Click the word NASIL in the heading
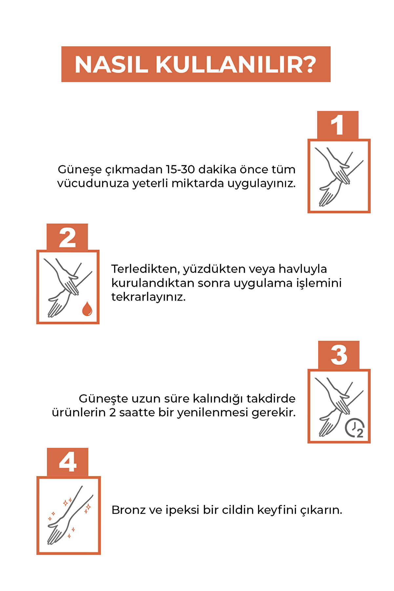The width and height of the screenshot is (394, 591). pos(111,64)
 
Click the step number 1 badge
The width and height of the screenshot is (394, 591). pos(338,125)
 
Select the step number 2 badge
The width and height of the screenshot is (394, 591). pos(67,237)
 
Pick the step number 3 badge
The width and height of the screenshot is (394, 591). pos(339,355)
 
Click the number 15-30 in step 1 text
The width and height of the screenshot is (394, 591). pos(180,169)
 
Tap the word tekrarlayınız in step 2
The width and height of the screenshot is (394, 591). pos(148,297)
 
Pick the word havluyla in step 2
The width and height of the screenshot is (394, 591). pos(303,269)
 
